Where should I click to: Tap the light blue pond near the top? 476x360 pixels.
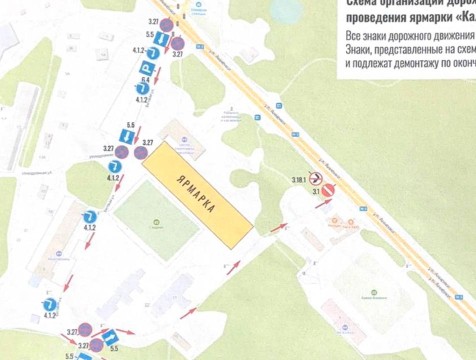pos(284,11)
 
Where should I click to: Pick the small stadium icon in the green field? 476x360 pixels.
pos(155,223)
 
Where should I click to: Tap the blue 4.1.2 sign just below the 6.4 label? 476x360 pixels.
pos(143,91)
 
